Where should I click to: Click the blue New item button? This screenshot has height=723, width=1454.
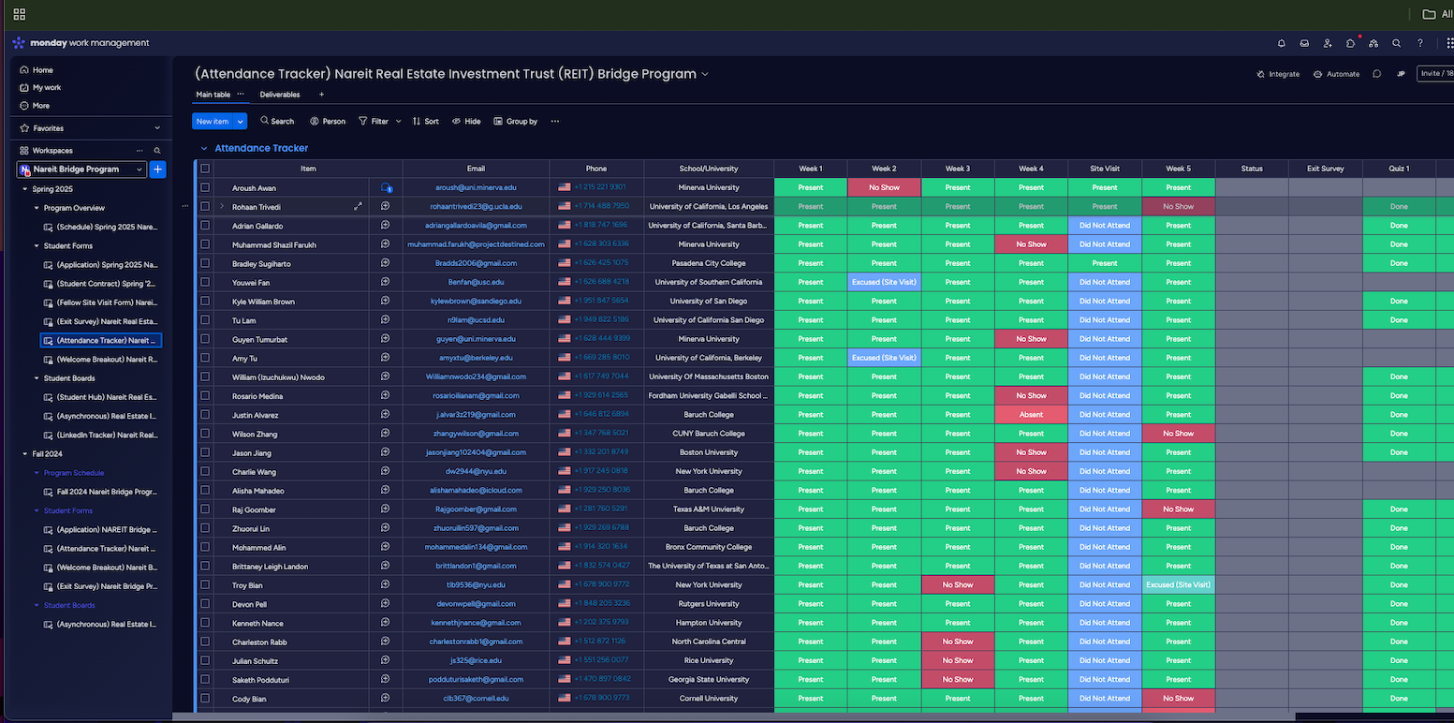[213, 121]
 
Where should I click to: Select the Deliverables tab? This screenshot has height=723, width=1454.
[280, 95]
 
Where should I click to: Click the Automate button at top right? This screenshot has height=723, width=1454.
[1337, 74]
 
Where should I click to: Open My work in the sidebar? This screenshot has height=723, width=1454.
[47, 88]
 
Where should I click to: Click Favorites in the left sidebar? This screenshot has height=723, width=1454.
[49, 128]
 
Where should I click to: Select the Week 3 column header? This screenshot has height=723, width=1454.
[957, 169]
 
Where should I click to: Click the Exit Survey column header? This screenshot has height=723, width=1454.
[1326, 169]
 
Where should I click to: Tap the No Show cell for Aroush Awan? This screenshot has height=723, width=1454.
[884, 187]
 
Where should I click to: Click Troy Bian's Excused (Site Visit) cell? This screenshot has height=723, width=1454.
[1178, 585]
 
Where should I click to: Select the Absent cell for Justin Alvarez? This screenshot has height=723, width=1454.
[1031, 415]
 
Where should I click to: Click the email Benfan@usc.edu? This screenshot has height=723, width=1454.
[476, 282]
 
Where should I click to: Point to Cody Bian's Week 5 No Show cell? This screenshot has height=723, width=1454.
[1178, 699]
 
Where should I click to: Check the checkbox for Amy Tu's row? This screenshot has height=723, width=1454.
[205, 358]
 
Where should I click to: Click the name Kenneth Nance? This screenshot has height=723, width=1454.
[257, 623]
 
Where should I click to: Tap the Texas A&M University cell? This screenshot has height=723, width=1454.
[708, 509]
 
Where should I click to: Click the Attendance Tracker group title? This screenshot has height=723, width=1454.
[261, 148]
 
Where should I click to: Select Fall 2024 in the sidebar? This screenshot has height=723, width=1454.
[49, 453]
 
